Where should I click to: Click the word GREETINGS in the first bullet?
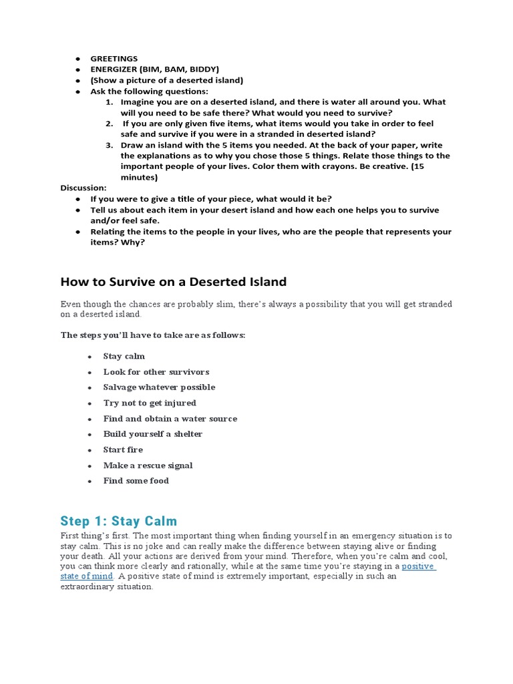[x=114, y=59]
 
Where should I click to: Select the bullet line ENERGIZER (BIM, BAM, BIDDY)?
[x=154, y=69]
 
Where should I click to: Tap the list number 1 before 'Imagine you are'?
[x=109, y=102]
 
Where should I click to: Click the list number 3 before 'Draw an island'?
[x=109, y=145]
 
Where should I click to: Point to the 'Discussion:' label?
[x=83, y=188]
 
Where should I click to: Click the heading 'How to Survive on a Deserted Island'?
[x=174, y=281]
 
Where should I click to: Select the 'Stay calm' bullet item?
[x=124, y=356]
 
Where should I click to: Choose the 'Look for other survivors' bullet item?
[x=156, y=372]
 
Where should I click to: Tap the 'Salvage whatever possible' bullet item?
[x=159, y=387]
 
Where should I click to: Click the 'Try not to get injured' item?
[x=150, y=403]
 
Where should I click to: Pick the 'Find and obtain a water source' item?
[x=170, y=419]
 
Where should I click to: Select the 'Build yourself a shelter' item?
[x=152, y=434]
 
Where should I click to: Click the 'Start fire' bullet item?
[x=123, y=450]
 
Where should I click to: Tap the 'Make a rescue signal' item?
[x=148, y=466]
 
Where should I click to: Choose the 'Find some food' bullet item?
[x=136, y=481]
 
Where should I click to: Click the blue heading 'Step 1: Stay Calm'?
[x=119, y=521]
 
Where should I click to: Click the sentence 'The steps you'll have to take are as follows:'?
[x=153, y=335]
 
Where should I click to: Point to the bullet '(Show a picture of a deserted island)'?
[x=167, y=80]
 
